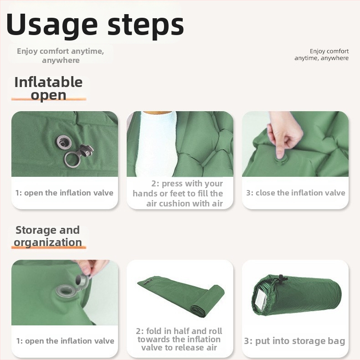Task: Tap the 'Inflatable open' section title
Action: (48, 88)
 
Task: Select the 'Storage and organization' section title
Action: (48, 236)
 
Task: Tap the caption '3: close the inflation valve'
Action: (296, 193)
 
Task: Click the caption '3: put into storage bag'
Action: (294, 341)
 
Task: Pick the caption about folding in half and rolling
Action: (179, 339)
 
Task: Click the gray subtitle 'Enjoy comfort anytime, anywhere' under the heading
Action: (61, 56)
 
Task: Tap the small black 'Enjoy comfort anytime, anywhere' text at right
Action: (321, 54)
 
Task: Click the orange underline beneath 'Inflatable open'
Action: (49, 99)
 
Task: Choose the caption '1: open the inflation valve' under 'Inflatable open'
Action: (64, 193)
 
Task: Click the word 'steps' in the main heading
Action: (145, 26)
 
